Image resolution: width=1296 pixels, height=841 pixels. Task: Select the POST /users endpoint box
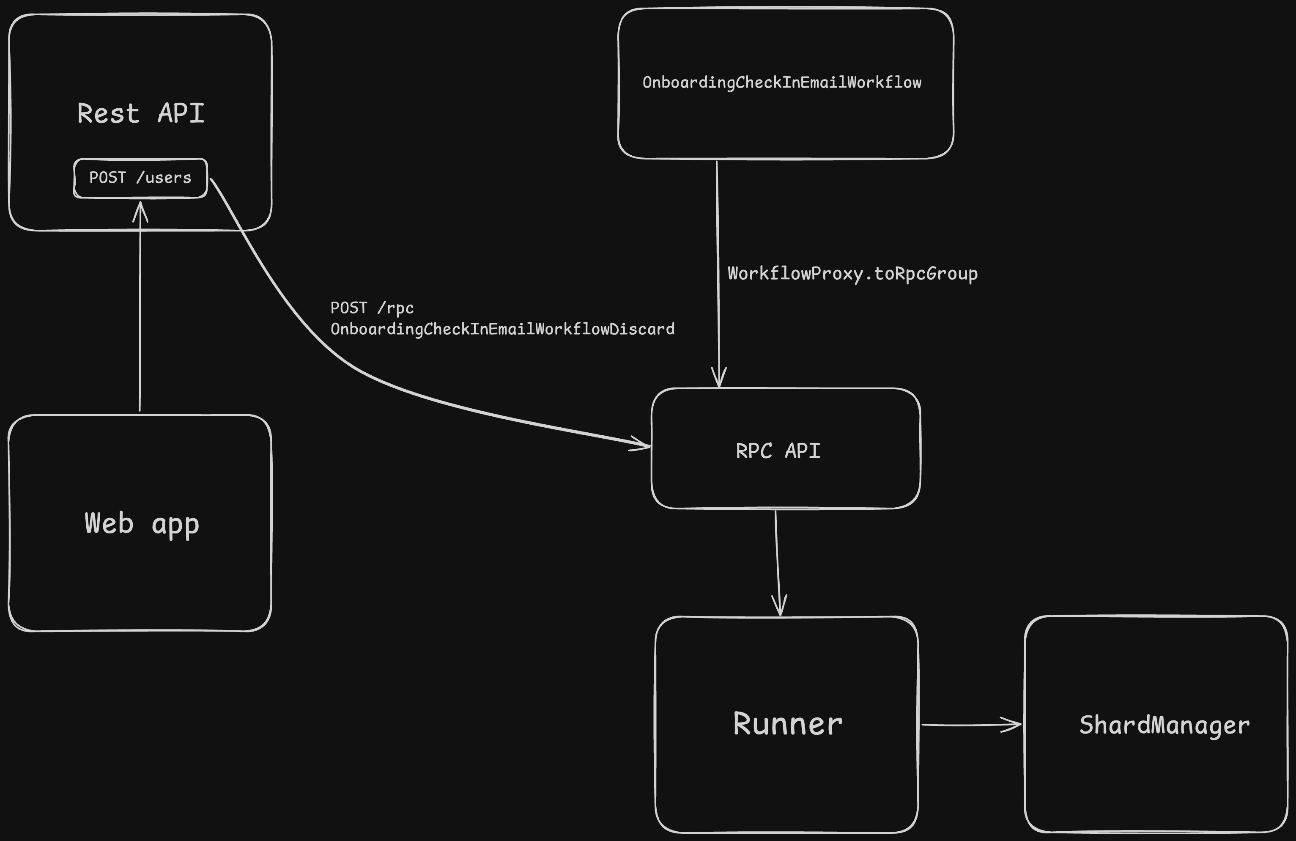click(140, 178)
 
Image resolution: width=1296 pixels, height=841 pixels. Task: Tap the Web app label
click(142, 523)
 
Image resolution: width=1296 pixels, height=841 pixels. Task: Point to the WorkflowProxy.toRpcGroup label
click(852, 273)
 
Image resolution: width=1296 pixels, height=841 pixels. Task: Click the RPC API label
click(778, 451)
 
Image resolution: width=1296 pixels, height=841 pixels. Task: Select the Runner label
click(787, 724)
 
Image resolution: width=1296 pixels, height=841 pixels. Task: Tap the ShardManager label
click(1164, 725)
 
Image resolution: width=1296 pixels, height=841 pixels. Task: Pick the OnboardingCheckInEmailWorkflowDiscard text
click(502, 329)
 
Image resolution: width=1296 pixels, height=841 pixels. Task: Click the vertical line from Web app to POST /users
click(140, 316)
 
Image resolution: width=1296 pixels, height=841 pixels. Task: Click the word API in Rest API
click(181, 113)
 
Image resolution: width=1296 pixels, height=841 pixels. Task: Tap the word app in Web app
click(175, 525)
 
